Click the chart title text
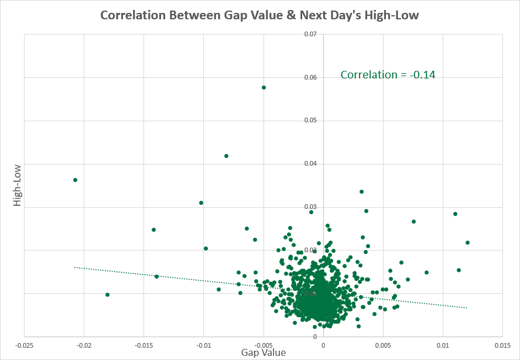259,15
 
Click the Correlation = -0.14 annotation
388,74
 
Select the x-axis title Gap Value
264,352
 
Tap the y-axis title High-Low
17,180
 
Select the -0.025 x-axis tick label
24,345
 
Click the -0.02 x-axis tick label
84,345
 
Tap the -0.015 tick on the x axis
143,345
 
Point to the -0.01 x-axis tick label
204,345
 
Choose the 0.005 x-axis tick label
383,345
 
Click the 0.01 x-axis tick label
443,345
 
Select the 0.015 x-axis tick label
503,345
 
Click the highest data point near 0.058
264,87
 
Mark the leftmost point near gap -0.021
75,180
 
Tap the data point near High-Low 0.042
226,156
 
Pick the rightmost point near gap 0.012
467,242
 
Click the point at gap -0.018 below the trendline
107,294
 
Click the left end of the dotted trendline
75,268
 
